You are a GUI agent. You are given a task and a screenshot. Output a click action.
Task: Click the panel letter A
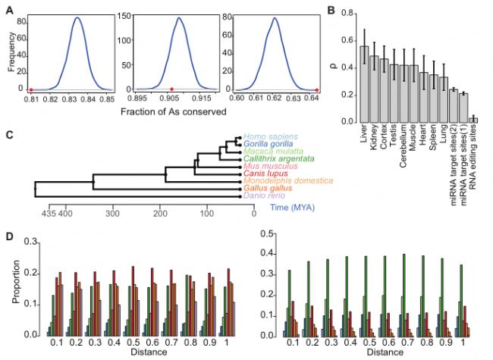10,8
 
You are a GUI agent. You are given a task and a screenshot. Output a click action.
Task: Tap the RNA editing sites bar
474,120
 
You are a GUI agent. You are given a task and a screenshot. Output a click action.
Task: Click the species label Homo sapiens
270,134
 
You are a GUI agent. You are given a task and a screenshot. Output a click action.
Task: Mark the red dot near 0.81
30,89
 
